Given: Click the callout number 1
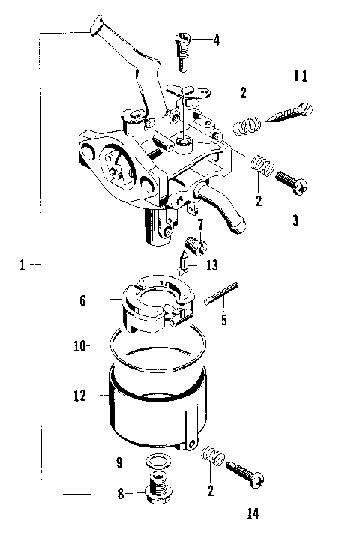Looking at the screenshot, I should click(x=25, y=265).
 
